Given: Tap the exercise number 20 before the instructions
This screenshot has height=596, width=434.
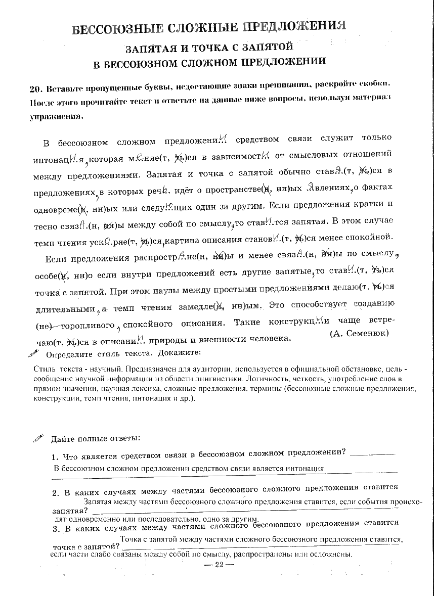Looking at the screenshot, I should [x=35, y=89].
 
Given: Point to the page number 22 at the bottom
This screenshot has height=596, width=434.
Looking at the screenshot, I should [x=219, y=565].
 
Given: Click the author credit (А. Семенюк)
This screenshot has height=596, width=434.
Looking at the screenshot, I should [x=359, y=333].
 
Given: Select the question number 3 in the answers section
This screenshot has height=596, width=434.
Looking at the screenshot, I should [x=55, y=529].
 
